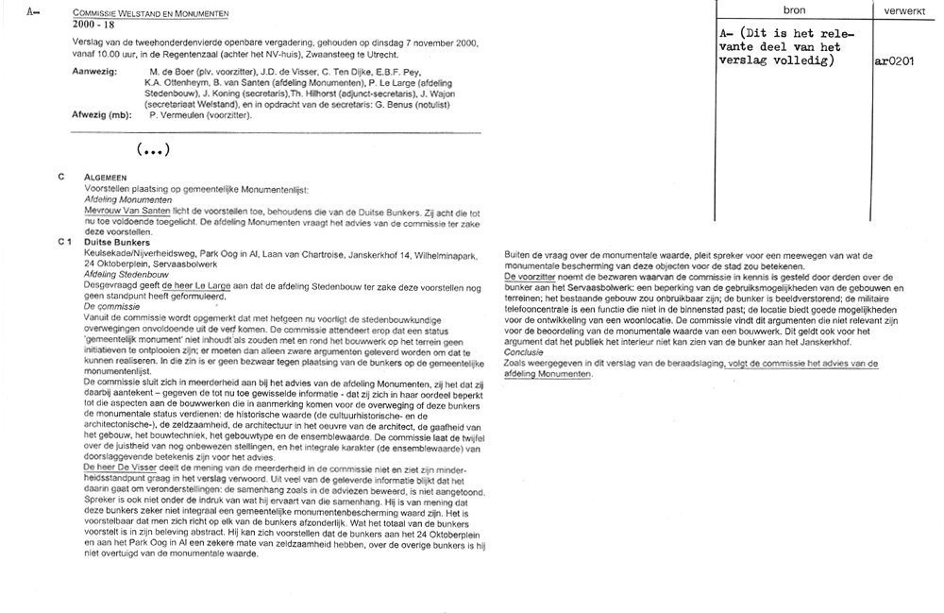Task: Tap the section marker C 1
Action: tap(64, 243)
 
